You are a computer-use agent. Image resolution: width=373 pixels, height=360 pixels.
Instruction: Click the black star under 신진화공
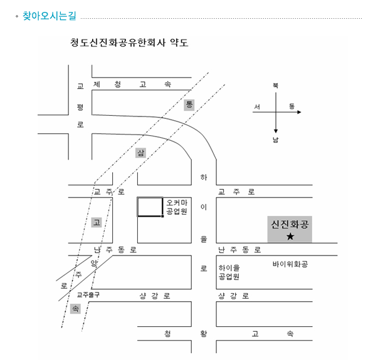290,236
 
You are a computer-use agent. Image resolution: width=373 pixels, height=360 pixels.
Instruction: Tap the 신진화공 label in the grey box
290,224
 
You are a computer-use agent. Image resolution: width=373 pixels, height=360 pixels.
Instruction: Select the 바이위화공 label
290,264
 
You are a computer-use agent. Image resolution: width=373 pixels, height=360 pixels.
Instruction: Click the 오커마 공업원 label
177,207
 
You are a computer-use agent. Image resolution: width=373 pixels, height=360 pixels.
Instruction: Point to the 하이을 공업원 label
229,272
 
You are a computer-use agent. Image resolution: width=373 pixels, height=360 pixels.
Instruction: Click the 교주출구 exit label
88,295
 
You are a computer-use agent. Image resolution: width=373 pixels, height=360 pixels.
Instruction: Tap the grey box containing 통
189,105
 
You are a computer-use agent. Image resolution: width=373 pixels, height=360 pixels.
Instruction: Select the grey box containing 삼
140,153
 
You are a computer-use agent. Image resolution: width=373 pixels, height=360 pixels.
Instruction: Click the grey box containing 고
97,222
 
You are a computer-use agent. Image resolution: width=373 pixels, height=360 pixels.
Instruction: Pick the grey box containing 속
75,309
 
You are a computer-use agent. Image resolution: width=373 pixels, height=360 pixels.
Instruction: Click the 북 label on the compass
275,85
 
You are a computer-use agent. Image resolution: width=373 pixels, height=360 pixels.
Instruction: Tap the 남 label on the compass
275,140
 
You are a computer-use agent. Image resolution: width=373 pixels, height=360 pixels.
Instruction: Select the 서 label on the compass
257,106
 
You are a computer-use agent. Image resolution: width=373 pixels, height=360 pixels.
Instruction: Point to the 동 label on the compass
292,106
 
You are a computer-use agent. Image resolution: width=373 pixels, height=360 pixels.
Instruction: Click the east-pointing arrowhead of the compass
299,112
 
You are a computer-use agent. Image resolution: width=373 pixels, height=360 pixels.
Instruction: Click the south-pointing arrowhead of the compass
276,131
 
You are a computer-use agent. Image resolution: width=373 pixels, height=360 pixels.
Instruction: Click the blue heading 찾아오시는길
50,16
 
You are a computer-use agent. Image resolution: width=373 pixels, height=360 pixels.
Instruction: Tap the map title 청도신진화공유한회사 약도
129,43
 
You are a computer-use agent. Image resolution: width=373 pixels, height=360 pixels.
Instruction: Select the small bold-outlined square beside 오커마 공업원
150,207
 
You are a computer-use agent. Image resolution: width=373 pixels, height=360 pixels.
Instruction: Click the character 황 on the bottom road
204,333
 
